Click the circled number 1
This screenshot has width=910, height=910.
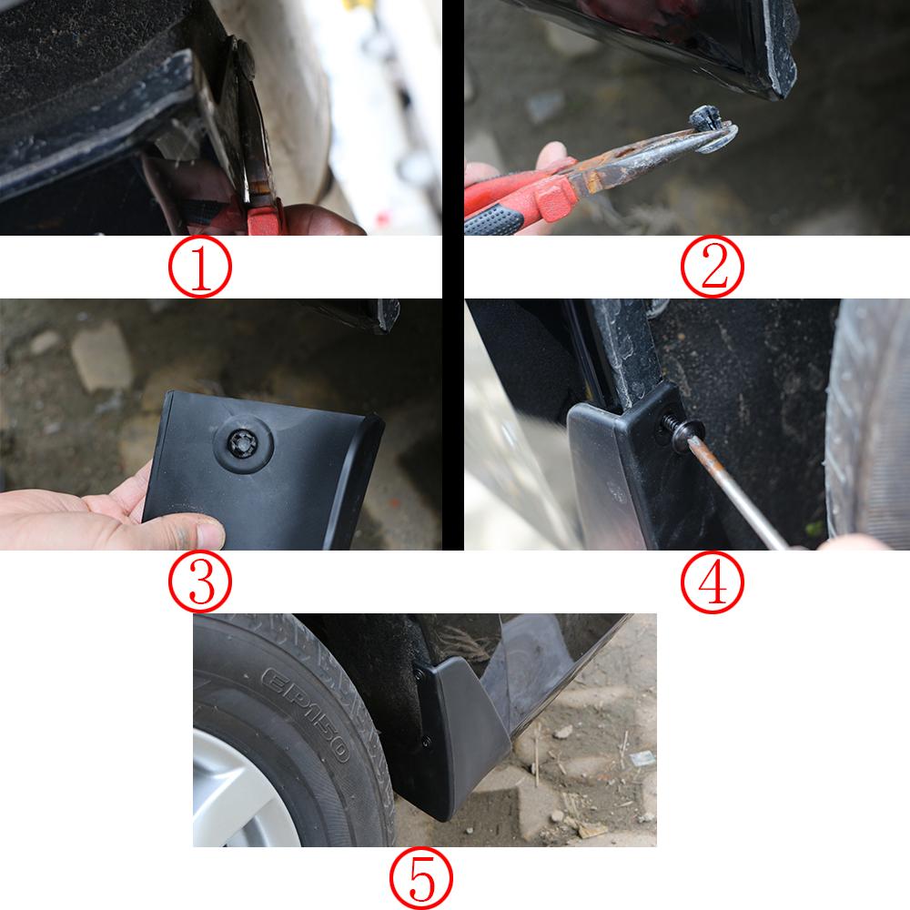click(200, 267)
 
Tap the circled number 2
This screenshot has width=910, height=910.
click(713, 267)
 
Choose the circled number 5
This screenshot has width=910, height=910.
click(420, 879)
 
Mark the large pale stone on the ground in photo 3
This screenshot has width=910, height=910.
click(101, 356)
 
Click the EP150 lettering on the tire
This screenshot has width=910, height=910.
click(305, 714)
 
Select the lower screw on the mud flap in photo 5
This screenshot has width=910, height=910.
click(427, 742)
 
